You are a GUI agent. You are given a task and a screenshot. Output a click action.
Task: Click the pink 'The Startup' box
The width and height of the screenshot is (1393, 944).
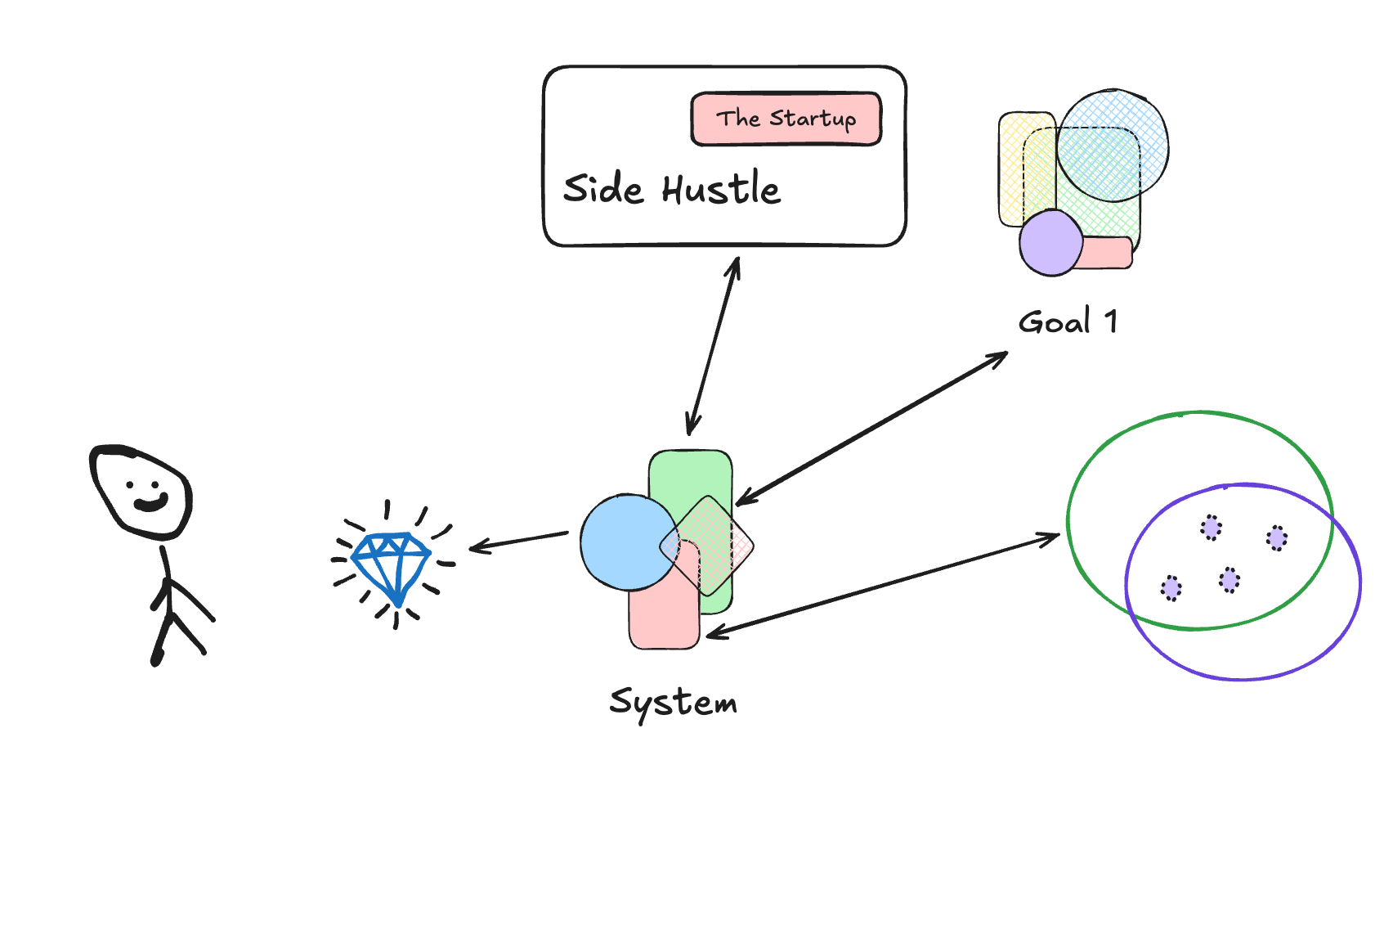point(786,119)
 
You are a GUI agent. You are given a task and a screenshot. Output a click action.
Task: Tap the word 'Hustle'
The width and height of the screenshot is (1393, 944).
point(721,189)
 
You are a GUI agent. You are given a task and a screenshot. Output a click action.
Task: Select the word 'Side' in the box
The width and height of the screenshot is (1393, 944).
point(603,189)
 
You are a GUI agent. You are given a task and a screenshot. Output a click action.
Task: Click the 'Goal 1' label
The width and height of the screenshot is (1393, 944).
point(1067,321)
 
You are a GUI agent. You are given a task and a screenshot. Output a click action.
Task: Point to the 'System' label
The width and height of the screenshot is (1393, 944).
point(673,703)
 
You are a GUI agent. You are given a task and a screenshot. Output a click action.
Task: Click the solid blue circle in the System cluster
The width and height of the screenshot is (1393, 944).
point(621,542)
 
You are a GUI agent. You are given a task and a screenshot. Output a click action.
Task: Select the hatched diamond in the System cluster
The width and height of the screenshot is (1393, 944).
point(708,545)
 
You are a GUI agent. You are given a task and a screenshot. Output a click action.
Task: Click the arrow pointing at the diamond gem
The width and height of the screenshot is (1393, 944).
point(519,541)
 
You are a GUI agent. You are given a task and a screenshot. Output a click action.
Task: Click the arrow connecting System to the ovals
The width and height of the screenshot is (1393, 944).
point(883,584)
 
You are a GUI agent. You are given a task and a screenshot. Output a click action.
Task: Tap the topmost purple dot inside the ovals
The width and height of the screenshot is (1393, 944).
point(1211,528)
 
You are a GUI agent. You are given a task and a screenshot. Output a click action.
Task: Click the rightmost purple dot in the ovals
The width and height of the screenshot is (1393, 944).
point(1276,538)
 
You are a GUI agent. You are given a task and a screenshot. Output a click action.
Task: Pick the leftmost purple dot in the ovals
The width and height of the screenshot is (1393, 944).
point(1171,588)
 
